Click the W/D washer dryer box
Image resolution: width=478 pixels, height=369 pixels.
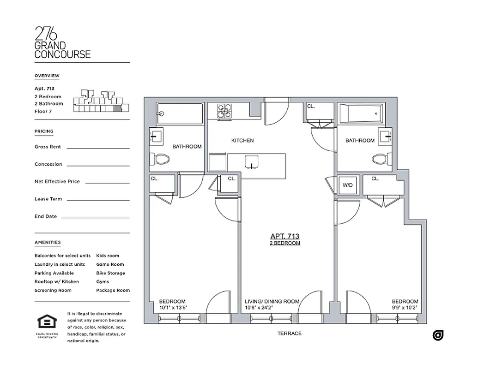347,185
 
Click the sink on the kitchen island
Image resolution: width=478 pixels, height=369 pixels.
251,165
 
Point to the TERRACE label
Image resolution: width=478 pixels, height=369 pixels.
290,333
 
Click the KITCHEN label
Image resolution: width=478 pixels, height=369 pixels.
242,140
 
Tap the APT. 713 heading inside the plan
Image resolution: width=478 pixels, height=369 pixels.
285,235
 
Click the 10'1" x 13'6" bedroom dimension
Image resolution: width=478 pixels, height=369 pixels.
173,308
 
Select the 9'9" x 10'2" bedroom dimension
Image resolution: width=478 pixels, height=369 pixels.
405,308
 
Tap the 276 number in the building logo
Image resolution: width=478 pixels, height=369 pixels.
46,34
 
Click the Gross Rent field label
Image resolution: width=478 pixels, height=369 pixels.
48,147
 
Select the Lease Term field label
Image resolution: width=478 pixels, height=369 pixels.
48,199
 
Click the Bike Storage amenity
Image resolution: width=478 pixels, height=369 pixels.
110,273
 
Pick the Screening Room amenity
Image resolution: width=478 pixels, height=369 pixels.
53,290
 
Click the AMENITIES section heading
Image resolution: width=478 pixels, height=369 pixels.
47,242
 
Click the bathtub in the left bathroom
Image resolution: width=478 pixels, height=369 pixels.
180,113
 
